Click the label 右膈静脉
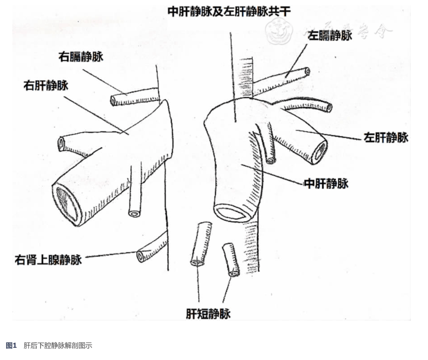[x=81, y=57]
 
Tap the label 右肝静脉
[x=46, y=85]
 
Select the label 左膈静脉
[x=330, y=36]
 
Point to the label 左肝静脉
[x=386, y=138]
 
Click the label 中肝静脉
[x=326, y=184]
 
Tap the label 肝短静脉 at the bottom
[x=208, y=314]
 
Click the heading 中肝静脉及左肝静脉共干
[x=229, y=11]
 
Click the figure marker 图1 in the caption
[x=11, y=346]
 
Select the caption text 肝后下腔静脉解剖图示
[x=58, y=346]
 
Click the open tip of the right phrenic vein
[x=114, y=101]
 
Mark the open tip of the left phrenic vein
[x=307, y=71]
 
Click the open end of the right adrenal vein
[x=141, y=256]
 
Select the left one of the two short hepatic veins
[x=201, y=244]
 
